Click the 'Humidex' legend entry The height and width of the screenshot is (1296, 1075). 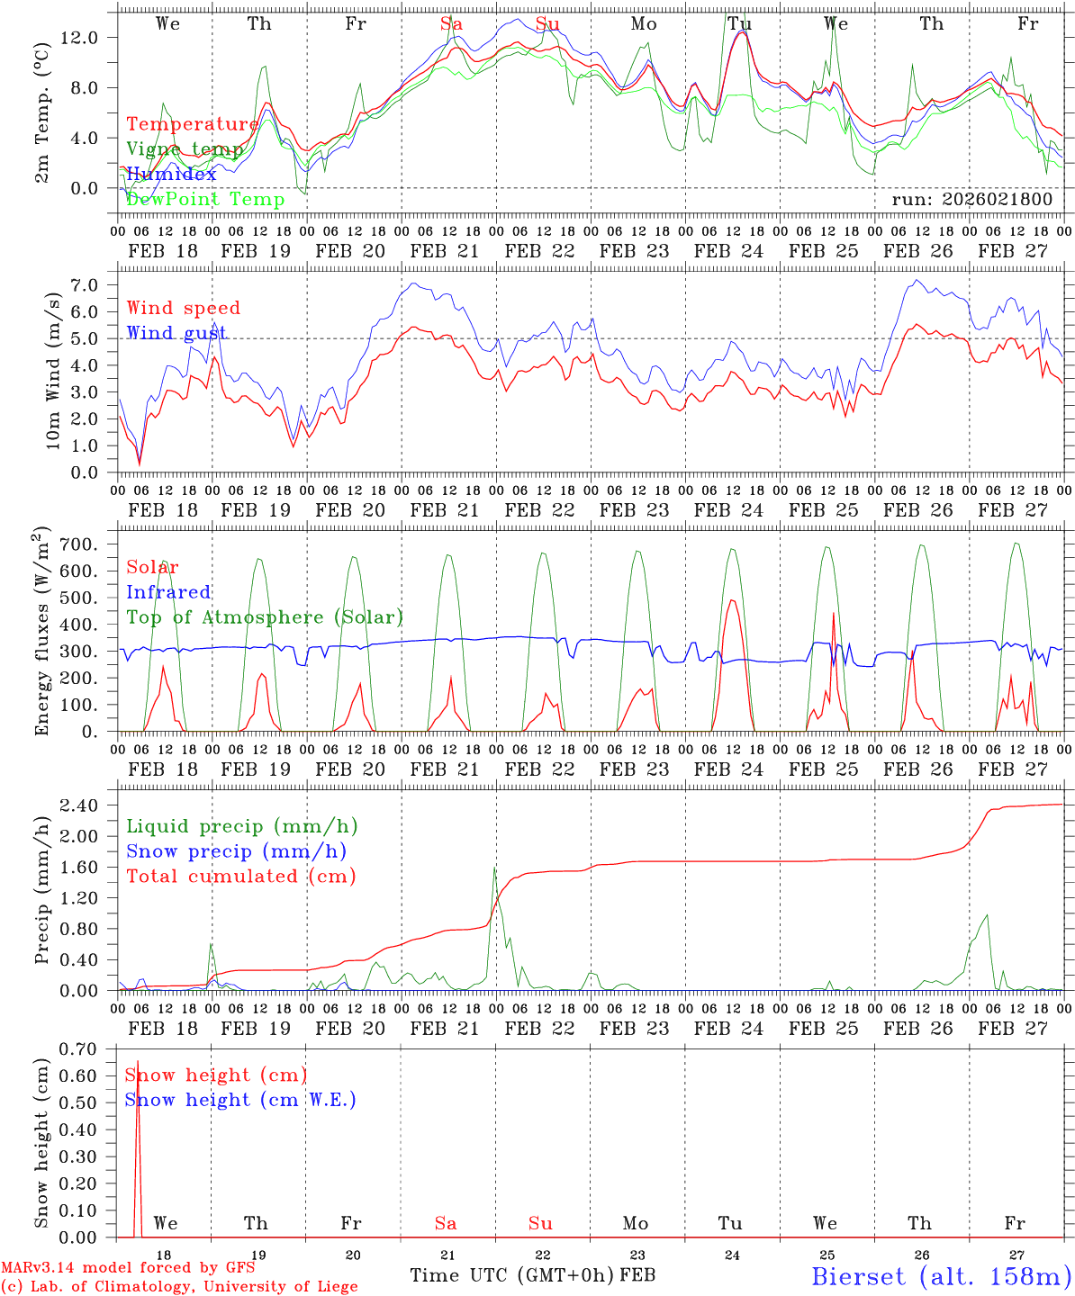pyautogui.click(x=171, y=174)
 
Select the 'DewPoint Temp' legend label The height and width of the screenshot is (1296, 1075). pyautogui.click(x=205, y=199)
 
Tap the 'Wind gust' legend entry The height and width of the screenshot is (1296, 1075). pyautogui.click(x=176, y=333)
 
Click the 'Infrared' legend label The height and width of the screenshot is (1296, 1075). pyautogui.click(x=168, y=592)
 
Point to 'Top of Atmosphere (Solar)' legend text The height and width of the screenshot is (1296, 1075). pyautogui.click(x=265, y=617)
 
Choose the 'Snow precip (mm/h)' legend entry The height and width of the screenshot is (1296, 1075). pyautogui.click(x=236, y=851)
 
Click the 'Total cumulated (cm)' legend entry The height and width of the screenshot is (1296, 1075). pyautogui.click(x=241, y=876)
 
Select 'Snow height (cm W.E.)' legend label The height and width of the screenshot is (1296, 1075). pyautogui.click(x=240, y=1100)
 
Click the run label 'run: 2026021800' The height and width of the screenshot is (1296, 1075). pyautogui.click(x=971, y=199)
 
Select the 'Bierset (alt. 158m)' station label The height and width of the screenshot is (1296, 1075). pyautogui.click(x=941, y=1275)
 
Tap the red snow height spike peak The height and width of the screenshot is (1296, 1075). pyautogui.click(x=137, y=1062)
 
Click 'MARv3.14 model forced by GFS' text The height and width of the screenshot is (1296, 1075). pyautogui.click(x=128, y=1268)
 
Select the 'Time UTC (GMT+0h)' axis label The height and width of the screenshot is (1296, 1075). pyautogui.click(x=511, y=1275)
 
